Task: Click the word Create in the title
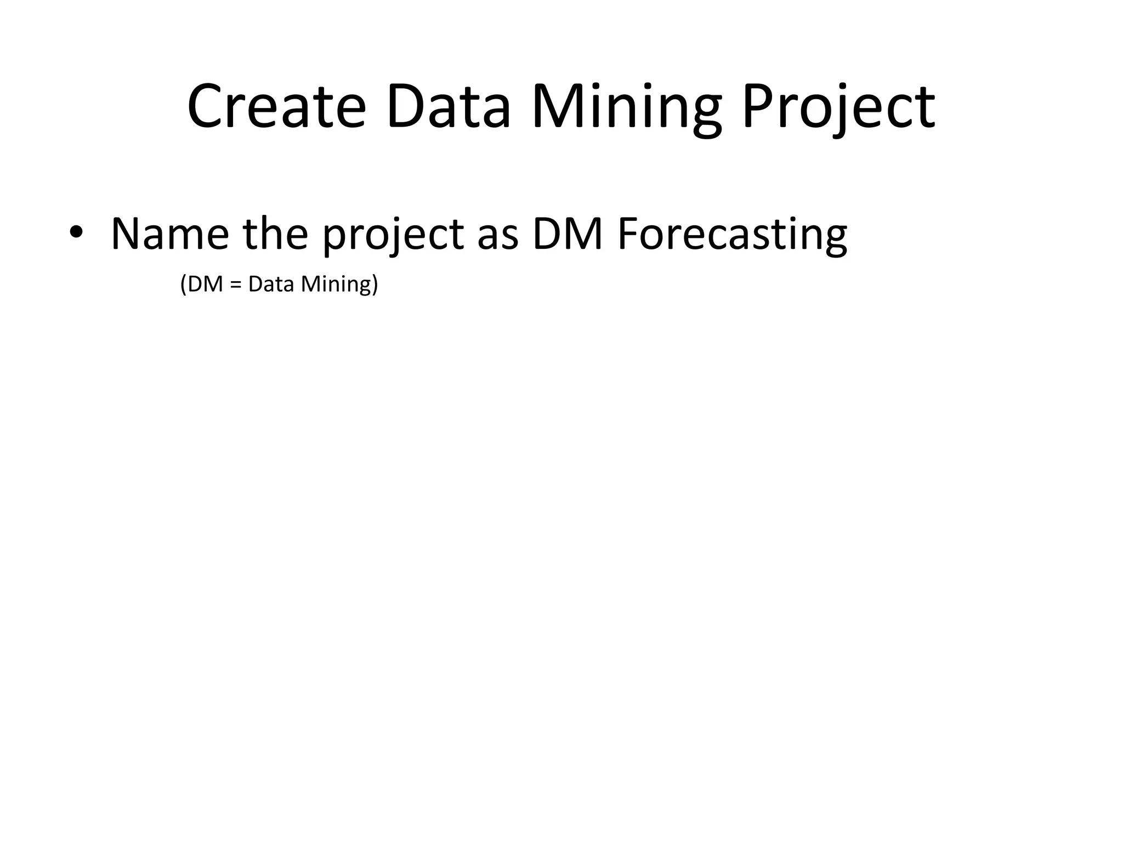click(x=276, y=107)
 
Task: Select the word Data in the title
click(x=449, y=107)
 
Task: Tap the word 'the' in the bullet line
click(x=275, y=234)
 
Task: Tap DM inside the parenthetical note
click(x=205, y=284)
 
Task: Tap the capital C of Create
click(x=205, y=107)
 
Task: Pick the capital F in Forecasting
click(x=627, y=234)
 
